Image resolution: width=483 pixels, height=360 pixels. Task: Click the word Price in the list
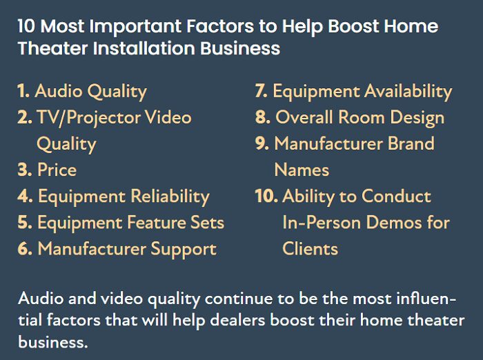click(x=57, y=170)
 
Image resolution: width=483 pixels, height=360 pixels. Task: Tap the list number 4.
click(x=25, y=196)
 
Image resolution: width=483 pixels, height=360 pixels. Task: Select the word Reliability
click(x=170, y=197)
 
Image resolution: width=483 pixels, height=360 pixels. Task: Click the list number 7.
click(x=262, y=91)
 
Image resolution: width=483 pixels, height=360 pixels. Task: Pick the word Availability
click(x=408, y=92)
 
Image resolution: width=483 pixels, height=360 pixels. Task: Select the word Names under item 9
click(x=302, y=170)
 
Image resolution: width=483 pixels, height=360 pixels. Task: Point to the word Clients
click(x=310, y=248)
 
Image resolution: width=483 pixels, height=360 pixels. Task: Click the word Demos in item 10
click(x=394, y=222)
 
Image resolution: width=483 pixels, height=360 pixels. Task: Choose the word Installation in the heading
click(x=144, y=48)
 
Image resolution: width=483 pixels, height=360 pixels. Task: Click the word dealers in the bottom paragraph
click(x=237, y=320)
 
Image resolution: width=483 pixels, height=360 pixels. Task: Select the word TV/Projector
click(x=88, y=118)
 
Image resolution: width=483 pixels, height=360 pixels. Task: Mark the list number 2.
click(x=25, y=117)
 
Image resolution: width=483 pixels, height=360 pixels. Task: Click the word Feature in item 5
click(x=156, y=222)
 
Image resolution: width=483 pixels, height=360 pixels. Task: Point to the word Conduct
click(x=396, y=196)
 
